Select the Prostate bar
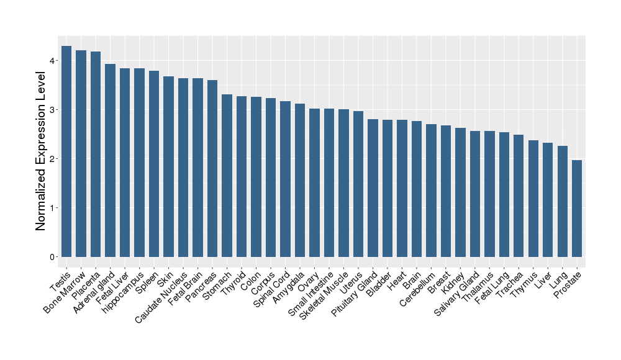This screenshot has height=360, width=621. (577, 209)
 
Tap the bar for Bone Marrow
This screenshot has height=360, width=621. (81, 153)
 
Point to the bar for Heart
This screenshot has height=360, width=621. (402, 188)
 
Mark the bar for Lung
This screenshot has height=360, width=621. (563, 201)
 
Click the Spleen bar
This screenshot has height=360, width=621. (154, 164)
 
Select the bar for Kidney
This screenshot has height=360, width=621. (460, 192)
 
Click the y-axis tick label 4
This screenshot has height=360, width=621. (54, 61)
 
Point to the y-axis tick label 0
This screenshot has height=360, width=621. (54, 257)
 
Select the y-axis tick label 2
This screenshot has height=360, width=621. (54, 159)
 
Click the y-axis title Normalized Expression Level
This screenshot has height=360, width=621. (41, 151)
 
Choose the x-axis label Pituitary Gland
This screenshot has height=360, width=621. (355, 292)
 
